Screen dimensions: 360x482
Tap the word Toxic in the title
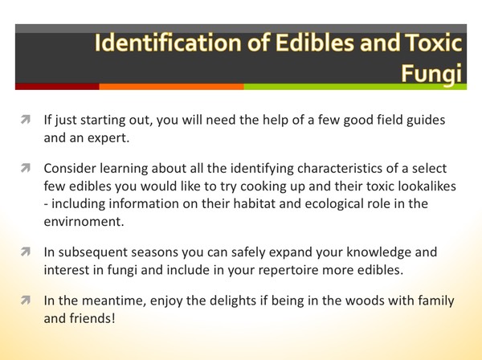(x=431, y=45)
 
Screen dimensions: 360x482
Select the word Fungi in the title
(x=435, y=75)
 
